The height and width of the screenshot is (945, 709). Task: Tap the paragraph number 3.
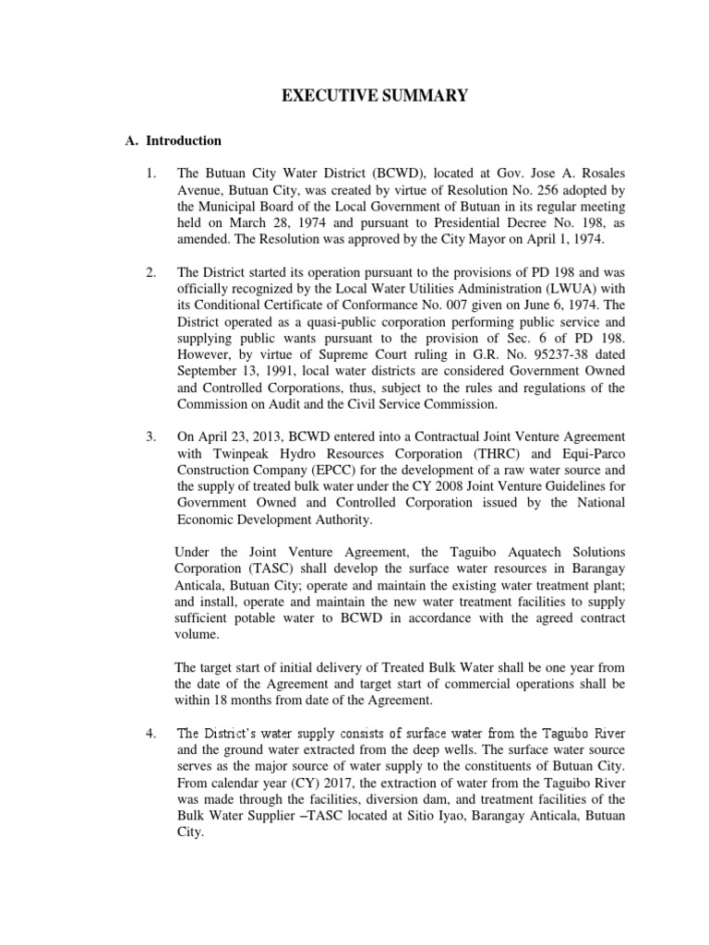point(151,436)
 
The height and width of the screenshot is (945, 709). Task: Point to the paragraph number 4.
point(151,734)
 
